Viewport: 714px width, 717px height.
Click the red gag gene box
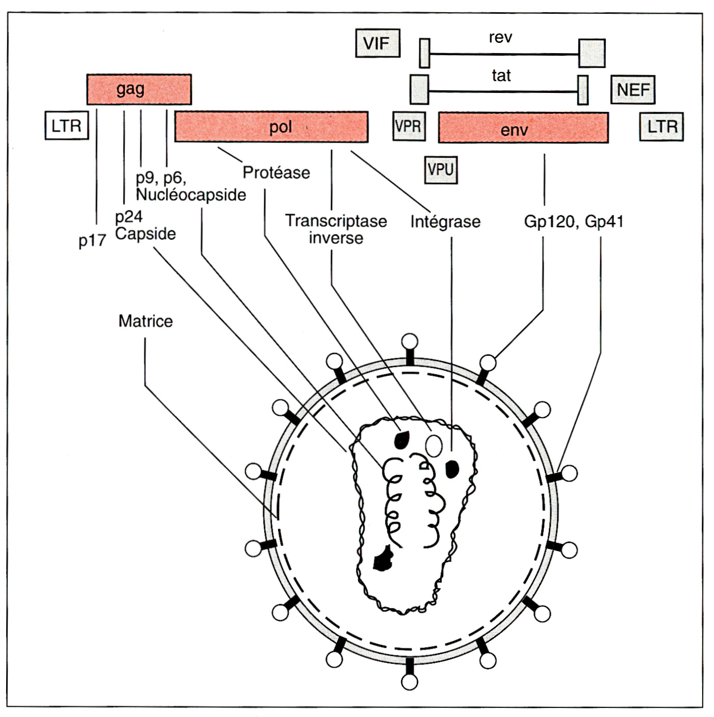[x=139, y=89]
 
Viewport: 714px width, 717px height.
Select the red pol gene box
[x=271, y=127]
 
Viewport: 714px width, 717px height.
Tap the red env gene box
[x=523, y=128]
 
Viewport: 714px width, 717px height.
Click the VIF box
[x=377, y=43]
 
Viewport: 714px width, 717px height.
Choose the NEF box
[x=632, y=90]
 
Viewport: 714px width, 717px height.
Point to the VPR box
[x=408, y=126]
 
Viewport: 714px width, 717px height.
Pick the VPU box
[x=441, y=170]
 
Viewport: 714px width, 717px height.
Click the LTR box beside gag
[x=66, y=126]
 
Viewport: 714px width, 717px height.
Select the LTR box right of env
[x=661, y=127]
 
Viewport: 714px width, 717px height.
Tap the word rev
[x=500, y=37]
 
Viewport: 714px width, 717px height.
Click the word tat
[x=501, y=76]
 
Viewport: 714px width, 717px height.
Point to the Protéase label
[x=276, y=173]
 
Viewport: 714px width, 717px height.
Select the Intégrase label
[x=445, y=222]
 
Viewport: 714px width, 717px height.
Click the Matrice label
[x=145, y=321]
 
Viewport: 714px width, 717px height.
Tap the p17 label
[x=92, y=241]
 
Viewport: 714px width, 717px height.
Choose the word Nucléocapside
[x=191, y=195]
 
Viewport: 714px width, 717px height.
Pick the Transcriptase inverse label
[x=336, y=229]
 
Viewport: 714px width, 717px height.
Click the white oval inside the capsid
[x=434, y=445]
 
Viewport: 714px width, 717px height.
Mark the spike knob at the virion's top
[x=410, y=342]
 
